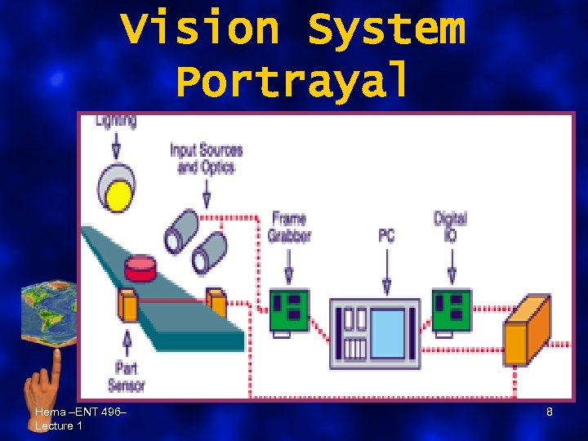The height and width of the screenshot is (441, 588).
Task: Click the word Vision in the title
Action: [x=201, y=29]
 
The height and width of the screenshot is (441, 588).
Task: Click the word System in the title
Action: [x=385, y=29]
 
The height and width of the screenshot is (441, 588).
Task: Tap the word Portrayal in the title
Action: [x=292, y=80]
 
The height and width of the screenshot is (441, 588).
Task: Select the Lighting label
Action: [x=116, y=121]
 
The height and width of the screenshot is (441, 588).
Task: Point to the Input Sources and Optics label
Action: [x=206, y=158]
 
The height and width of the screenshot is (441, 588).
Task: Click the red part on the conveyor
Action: [x=140, y=267]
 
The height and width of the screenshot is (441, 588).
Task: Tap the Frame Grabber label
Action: [x=289, y=227]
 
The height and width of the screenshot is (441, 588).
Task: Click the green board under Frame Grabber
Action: [x=289, y=311]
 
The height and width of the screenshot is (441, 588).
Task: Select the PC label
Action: [x=386, y=235]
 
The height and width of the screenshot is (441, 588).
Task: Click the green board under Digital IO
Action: [x=452, y=311]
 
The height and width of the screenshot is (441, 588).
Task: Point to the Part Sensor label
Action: [x=126, y=376]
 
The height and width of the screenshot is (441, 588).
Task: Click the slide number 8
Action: [x=550, y=412]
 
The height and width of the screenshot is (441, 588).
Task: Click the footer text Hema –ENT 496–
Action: [x=80, y=413]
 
